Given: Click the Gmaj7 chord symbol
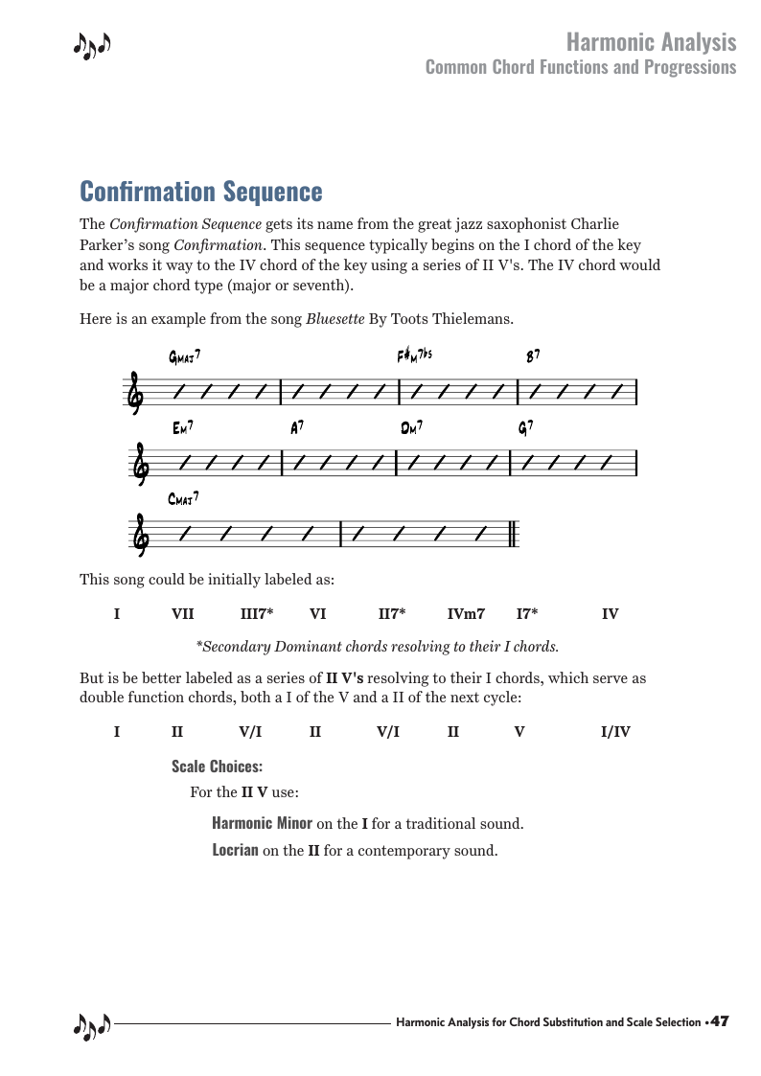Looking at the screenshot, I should pos(184,358).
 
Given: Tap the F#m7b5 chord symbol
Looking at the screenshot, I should pos(415,356).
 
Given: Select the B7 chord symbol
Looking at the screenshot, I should pos(533,356).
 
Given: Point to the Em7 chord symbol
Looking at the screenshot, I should pos(184,429).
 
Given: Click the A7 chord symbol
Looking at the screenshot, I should pos(297,429).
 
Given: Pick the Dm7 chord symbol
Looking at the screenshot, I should pos(412,429).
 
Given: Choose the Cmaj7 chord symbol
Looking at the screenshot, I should pos(183,498).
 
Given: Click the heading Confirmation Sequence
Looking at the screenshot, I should pos(201,192).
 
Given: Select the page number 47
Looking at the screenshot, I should pos(720,1022).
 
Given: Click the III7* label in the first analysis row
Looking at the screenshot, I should pos(257,613).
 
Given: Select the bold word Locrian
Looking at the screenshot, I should pos(235,849).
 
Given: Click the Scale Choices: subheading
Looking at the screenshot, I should pos(217,766).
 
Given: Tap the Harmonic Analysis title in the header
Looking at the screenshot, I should pos(651,42).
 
